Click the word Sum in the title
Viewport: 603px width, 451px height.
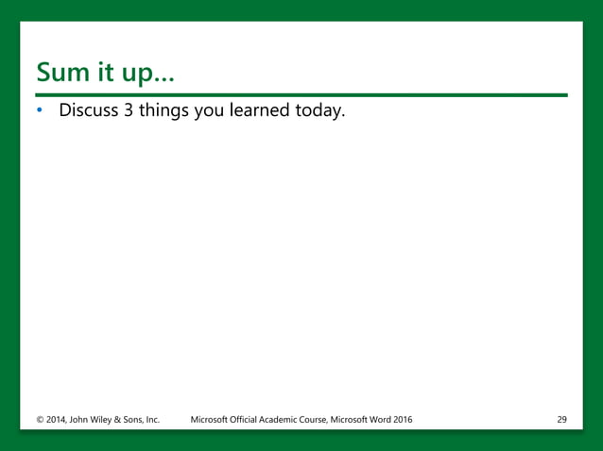coord(62,72)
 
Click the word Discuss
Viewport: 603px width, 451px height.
coord(88,110)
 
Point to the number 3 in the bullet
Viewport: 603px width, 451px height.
coord(129,110)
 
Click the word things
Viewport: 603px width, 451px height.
coord(164,111)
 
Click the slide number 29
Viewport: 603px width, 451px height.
coord(561,418)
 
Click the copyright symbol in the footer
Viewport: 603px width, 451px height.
coord(40,418)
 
